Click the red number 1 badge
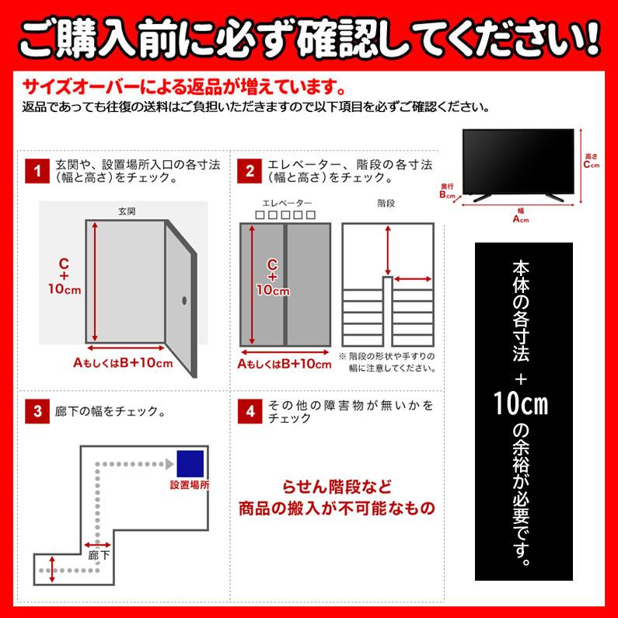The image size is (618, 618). (35, 170)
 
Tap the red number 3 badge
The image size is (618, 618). (35, 411)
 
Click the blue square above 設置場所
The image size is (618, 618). (190, 464)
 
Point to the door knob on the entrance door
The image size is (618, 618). (184, 300)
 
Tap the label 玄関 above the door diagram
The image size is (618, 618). (127, 211)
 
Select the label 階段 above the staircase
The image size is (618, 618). (386, 203)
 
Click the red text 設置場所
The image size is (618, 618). (190, 484)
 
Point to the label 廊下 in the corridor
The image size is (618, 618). (99, 556)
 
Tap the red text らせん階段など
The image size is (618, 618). (337, 487)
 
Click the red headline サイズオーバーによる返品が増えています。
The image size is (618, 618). (184, 84)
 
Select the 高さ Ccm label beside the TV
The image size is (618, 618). (592, 161)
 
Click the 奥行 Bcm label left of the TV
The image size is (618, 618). (446, 191)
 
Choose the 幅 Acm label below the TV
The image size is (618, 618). (520, 215)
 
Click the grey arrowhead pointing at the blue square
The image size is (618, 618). (167, 464)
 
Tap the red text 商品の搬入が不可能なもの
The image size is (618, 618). (337, 509)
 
